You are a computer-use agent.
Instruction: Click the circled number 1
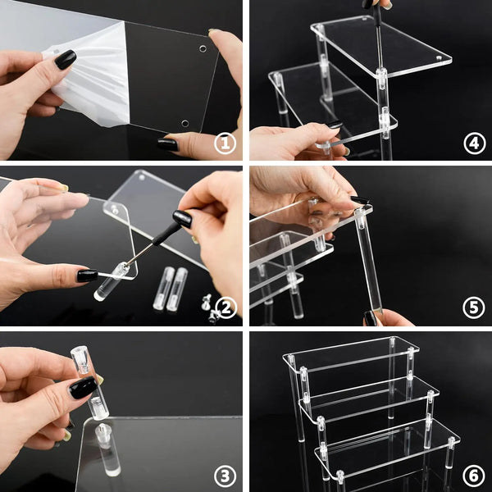click(225, 144)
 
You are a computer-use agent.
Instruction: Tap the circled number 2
click(225, 307)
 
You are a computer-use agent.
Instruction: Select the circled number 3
click(225, 473)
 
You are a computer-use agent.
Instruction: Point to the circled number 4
click(473, 144)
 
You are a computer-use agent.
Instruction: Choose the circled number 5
click(473, 307)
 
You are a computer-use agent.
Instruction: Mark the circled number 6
click(473, 473)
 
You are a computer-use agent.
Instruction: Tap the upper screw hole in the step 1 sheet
click(202, 48)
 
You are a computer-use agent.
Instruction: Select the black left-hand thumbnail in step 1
click(65, 59)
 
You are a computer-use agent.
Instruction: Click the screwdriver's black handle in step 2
click(181, 219)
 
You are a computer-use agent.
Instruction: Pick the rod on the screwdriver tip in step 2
click(112, 280)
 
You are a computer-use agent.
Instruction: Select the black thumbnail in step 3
click(82, 387)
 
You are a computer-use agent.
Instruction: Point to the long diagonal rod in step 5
click(368, 262)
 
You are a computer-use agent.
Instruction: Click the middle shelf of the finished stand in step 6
click(369, 395)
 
